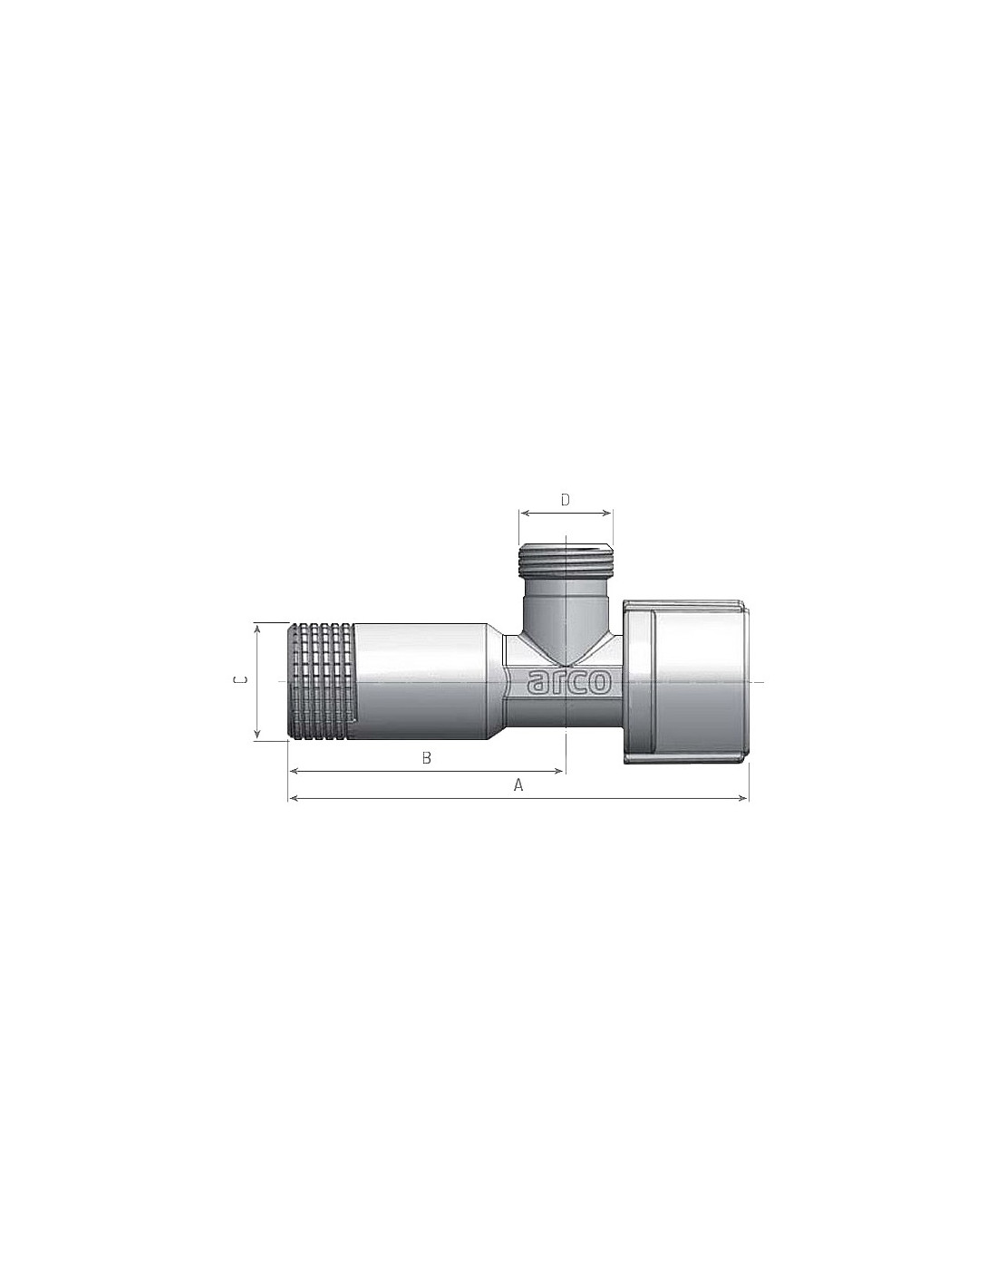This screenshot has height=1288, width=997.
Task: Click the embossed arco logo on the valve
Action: point(567,682)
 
